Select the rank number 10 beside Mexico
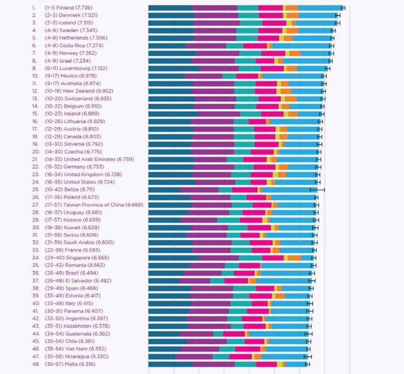[x=34, y=76]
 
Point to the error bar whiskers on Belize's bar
[x=318, y=189]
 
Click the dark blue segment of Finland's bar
[x=170, y=7]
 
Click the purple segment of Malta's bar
[x=211, y=364]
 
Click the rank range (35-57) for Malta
[x=53, y=364]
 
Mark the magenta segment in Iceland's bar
[x=274, y=22]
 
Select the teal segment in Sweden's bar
[x=247, y=30]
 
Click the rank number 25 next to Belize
[x=34, y=189]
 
